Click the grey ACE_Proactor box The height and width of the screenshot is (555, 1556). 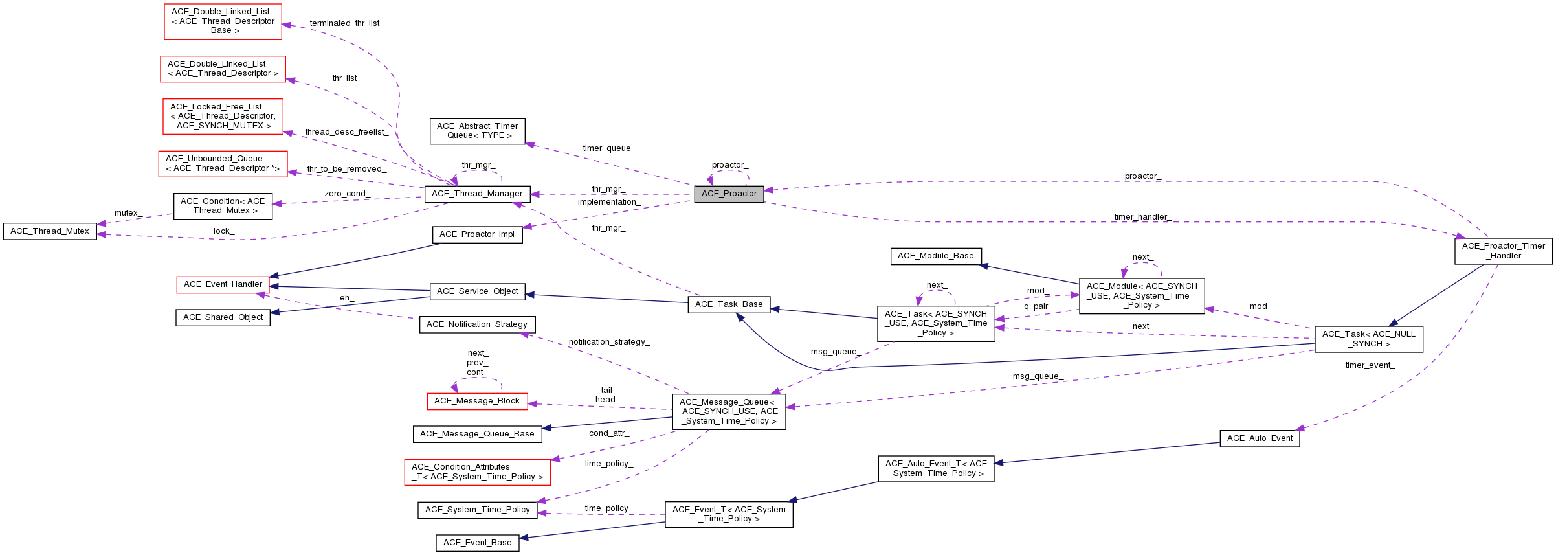(729, 194)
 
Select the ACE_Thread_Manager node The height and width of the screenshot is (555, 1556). (477, 194)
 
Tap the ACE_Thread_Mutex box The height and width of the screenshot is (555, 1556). (50, 231)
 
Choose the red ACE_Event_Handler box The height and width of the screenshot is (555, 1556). (223, 284)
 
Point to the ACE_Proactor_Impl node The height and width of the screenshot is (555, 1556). (477, 234)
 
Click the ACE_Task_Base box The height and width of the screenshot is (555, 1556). (729, 304)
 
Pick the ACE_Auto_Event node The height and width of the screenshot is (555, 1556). (1260, 438)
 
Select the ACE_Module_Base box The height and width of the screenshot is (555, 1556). (935, 256)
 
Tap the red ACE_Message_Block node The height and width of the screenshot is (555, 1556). (477, 401)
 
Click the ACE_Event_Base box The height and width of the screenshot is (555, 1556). (477, 543)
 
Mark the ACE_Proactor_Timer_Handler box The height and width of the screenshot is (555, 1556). (1503, 251)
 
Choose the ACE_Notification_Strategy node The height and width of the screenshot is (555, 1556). (477, 324)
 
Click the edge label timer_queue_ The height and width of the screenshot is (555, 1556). (609, 148)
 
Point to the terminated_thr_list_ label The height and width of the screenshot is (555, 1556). (347, 23)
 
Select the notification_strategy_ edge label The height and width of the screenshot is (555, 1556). (609, 342)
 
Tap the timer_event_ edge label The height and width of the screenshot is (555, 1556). (1370, 365)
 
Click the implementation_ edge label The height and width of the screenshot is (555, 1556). (609, 202)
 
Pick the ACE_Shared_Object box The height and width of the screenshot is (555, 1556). (223, 317)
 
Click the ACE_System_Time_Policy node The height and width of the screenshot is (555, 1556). (477, 510)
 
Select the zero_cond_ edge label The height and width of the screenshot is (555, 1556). (347, 194)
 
